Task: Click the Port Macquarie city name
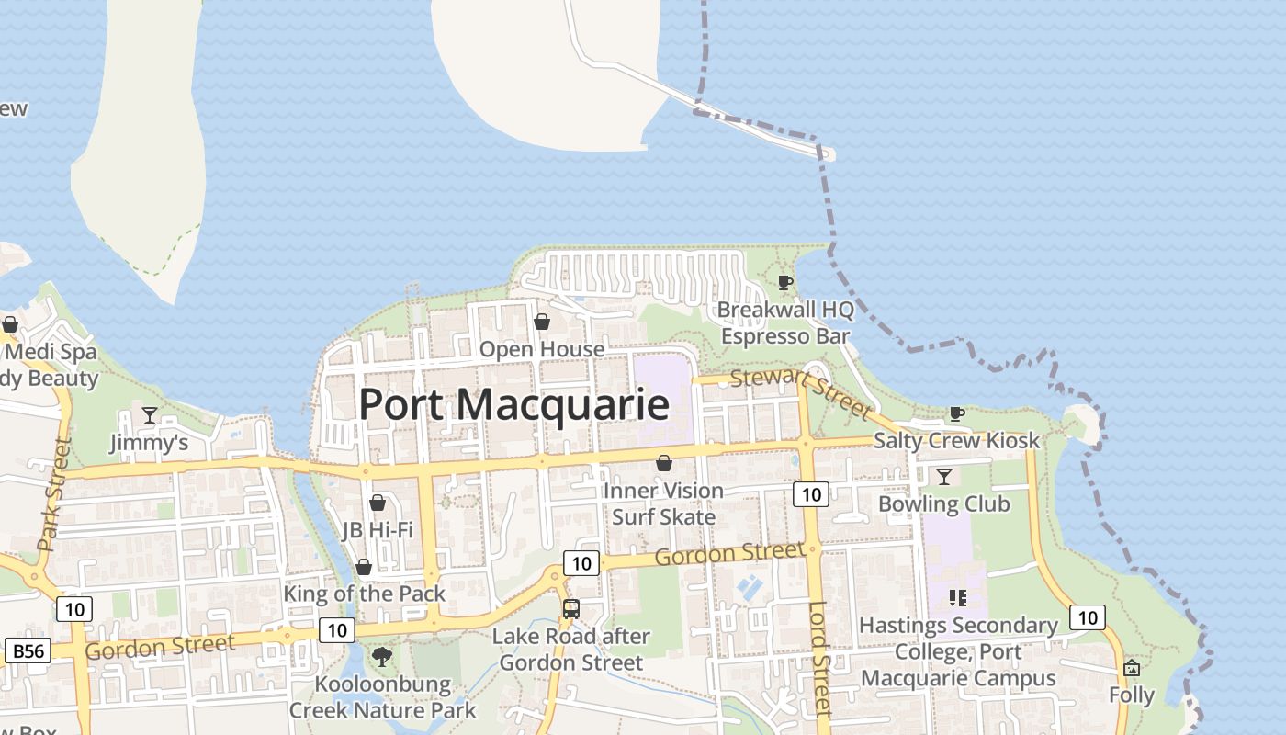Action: (513, 405)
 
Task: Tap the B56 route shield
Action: (28, 651)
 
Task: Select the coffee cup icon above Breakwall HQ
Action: (785, 282)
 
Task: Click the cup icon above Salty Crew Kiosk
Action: (956, 413)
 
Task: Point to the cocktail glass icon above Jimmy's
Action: (150, 415)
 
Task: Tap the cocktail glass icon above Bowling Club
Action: (943, 476)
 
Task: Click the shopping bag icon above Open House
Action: (542, 322)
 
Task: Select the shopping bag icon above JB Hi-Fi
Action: (377, 503)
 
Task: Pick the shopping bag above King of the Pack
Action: (364, 567)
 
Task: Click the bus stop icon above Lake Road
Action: (570, 608)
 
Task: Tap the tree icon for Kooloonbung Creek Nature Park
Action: (382, 657)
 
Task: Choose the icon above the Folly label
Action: (1132, 668)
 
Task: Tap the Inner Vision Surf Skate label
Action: (663, 503)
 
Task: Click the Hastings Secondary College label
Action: (958, 651)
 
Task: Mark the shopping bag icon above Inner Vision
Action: (663, 463)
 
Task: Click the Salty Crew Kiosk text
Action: (956, 440)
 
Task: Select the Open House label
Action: (542, 349)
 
